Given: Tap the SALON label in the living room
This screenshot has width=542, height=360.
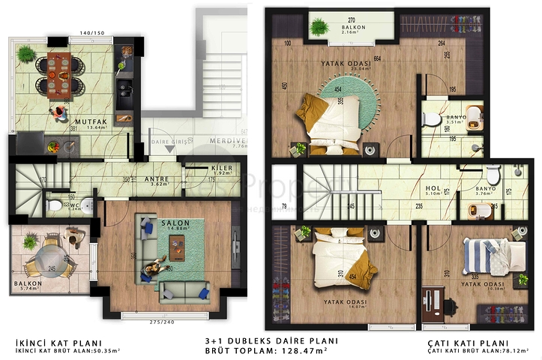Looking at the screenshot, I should pos(174,223).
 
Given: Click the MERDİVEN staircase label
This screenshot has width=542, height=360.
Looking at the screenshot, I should pos(229,139).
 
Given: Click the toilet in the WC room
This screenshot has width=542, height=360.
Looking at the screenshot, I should pos(54,203).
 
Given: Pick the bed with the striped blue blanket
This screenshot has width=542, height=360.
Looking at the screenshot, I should pos(482,256).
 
